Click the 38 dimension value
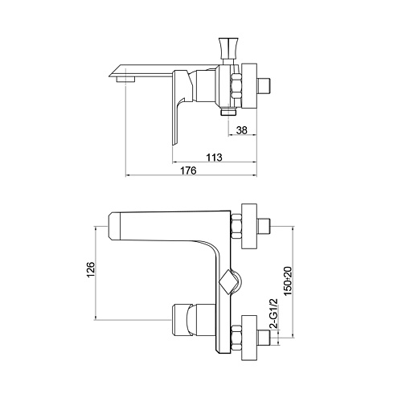coord(242,130)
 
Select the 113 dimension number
coord(214,158)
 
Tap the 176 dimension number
coord(188,170)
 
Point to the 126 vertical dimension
coord(91,269)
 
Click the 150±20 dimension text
coord(288,281)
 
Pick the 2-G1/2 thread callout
coord(273,314)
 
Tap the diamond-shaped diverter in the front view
coord(227,282)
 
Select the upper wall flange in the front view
coord(249,227)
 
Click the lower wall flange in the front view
coord(249,338)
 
